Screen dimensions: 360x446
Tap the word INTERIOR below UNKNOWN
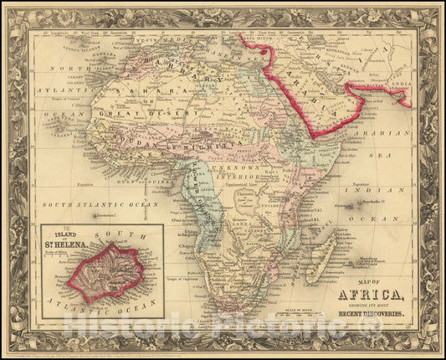260,176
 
